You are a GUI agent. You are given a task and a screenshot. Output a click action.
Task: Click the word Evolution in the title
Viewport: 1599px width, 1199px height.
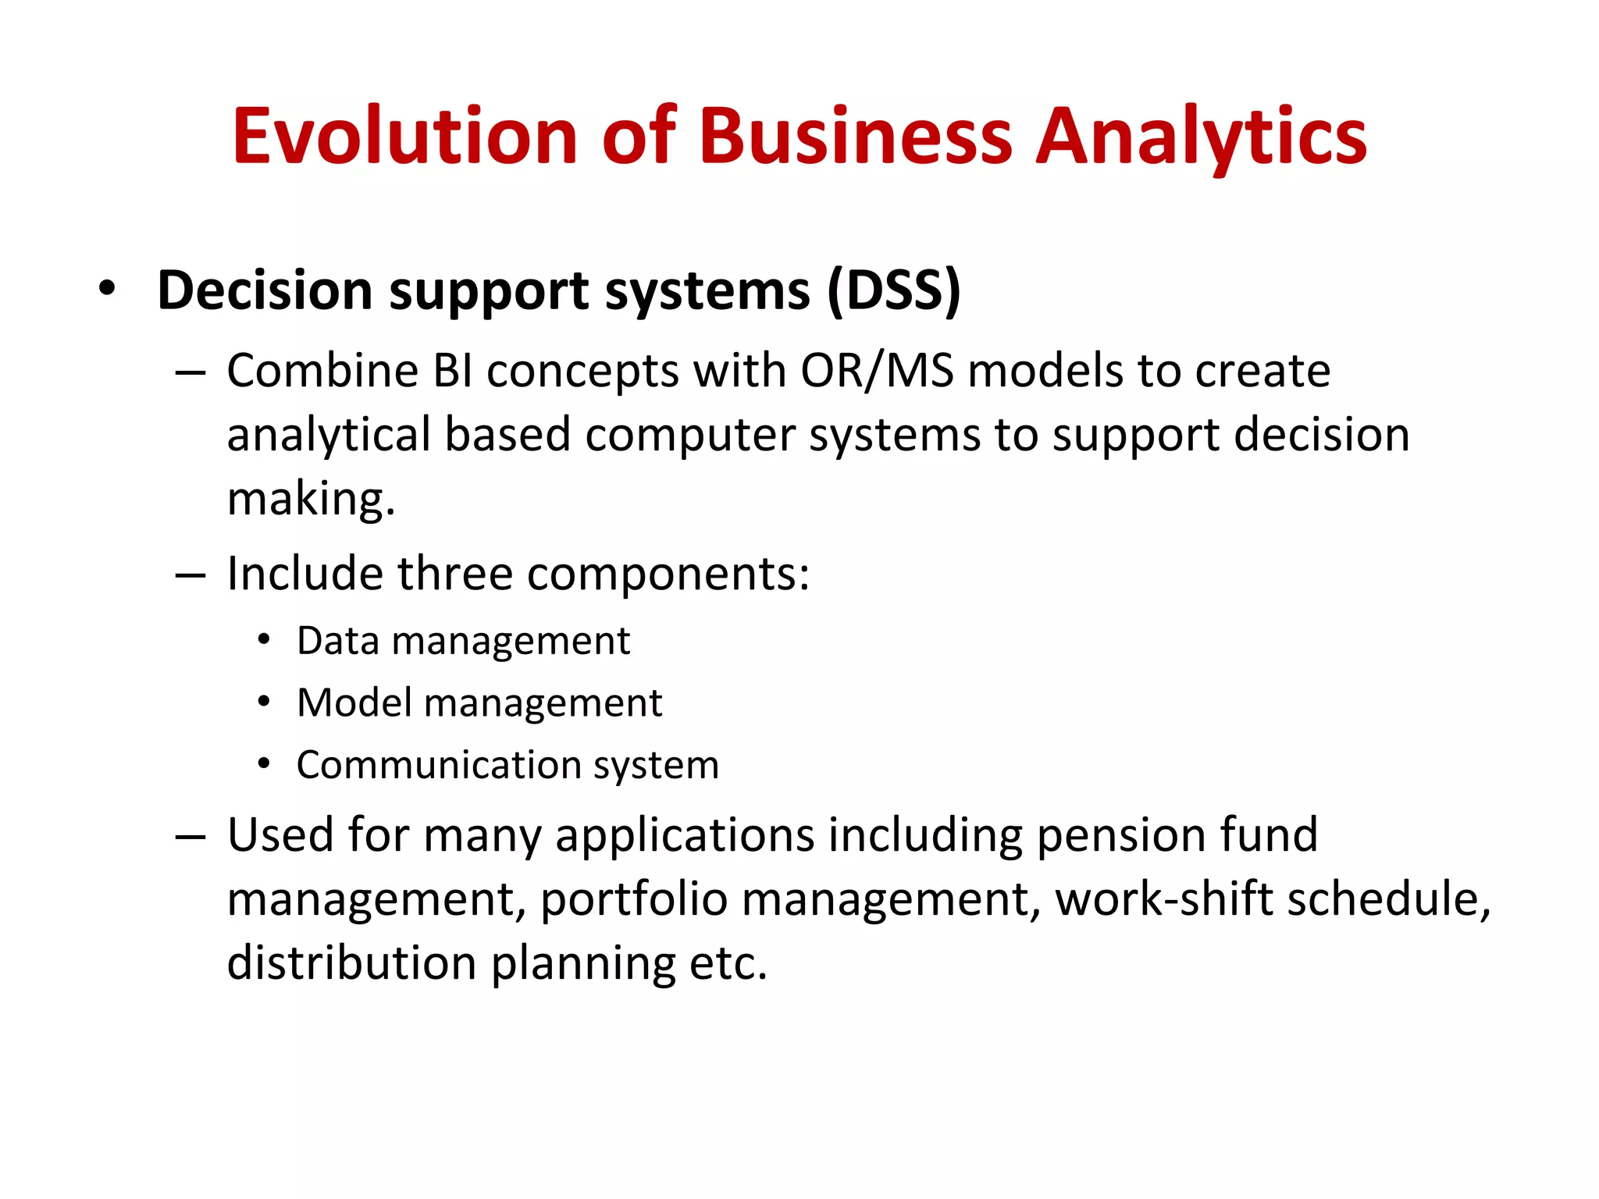[x=404, y=137]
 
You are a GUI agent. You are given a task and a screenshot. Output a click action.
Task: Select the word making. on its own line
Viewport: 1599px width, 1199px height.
[x=311, y=499]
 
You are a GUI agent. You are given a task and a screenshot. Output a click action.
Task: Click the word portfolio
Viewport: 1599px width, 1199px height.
[x=633, y=899]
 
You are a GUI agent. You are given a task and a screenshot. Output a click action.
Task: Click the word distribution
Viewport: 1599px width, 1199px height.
[x=351, y=963]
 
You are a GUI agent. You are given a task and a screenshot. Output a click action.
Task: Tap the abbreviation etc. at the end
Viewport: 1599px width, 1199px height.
[x=728, y=963]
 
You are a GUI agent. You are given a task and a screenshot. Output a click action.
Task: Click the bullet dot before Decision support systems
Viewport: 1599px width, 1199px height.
[x=107, y=290]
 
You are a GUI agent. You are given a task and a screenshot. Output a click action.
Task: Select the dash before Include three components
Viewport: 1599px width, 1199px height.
[x=190, y=576]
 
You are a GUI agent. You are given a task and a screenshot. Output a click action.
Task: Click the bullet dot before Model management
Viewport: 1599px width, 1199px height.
[x=264, y=702]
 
